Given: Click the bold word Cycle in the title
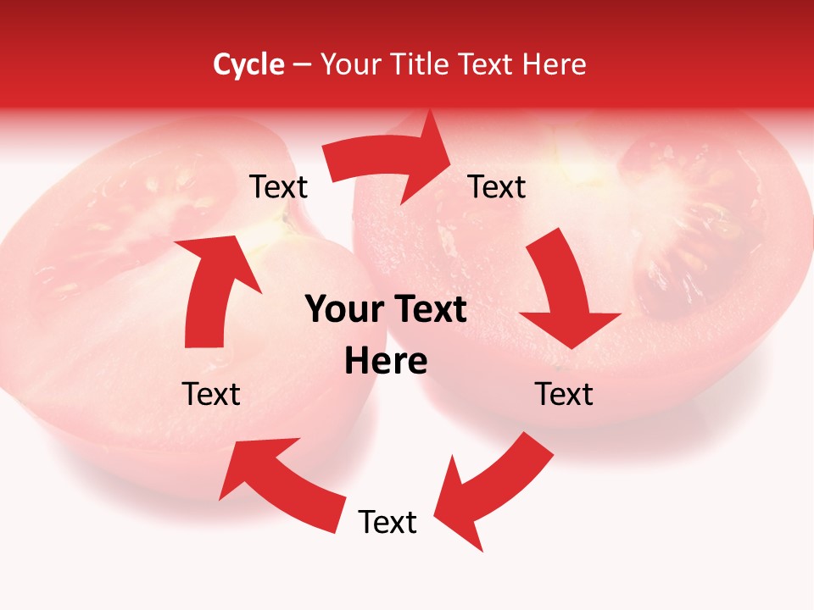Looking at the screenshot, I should tap(248, 64).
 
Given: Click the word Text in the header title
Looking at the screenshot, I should tap(487, 64).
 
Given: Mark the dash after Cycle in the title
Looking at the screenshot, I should tap(303, 65).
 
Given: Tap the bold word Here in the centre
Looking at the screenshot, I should tap(386, 362).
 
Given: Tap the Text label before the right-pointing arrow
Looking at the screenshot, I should tap(279, 187).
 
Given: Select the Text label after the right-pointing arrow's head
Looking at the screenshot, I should tap(497, 187).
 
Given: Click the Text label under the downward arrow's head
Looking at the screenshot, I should tap(564, 394).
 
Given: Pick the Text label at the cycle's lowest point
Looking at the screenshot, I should tap(387, 522).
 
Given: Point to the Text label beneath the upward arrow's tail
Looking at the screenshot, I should tap(211, 394).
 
